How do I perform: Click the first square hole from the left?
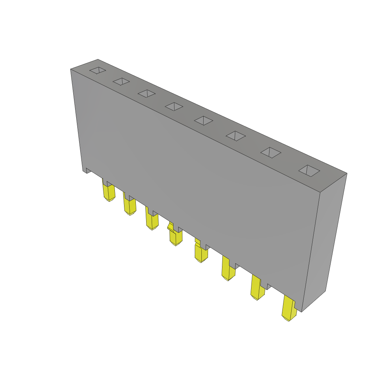pyautogui.click(x=98, y=70)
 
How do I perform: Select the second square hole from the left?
pyautogui.click(x=121, y=81)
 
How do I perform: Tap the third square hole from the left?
pyautogui.click(x=147, y=94)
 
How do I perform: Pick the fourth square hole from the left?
pyautogui.click(x=174, y=106)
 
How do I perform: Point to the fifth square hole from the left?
pyautogui.click(x=204, y=120)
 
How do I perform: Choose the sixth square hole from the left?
pyautogui.click(x=236, y=136)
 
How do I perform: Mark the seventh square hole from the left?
pyautogui.click(x=271, y=152)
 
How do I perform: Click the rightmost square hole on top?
pyautogui.click(x=309, y=170)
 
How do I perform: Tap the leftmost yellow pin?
pyautogui.click(x=109, y=193)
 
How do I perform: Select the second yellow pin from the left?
pyautogui.click(x=130, y=207)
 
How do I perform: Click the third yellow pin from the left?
pyautogui.click(x=152, y=222)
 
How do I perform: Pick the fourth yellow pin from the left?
pyautogui.click(x=176, y=237)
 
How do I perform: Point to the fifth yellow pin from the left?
pyautogui.click(x=201, y=254)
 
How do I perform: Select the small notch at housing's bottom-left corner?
pyautogui.click(x=88, y=170)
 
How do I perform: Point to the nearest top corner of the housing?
pyautogui.click(x=320, y=192)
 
